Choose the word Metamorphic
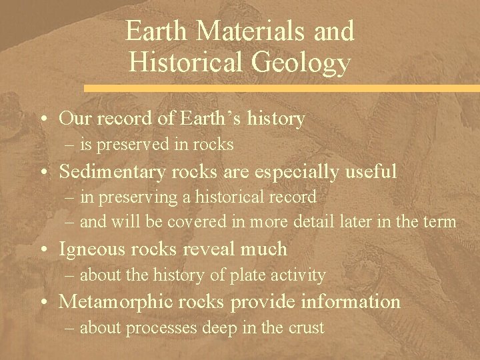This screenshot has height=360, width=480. pos(111,302)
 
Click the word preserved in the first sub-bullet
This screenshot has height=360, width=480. pos(131,144)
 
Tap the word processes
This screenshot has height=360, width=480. pos(157,327)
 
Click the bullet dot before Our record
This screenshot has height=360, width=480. pos(43,120)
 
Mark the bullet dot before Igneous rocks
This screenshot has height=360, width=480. pos(43,251)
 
